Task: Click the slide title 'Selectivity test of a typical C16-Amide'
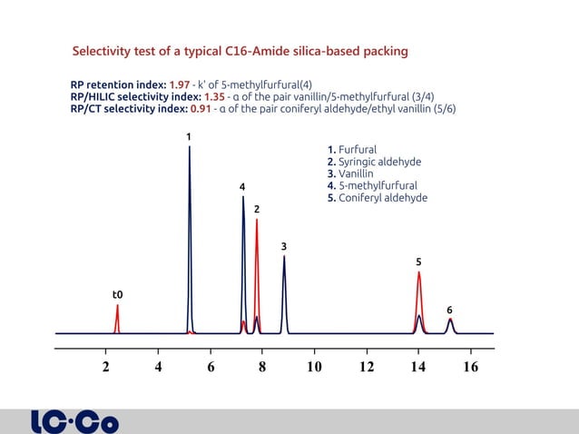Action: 240,51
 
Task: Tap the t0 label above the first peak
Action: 117,294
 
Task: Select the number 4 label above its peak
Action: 242,187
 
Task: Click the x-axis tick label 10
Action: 314,367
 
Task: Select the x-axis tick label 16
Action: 470,367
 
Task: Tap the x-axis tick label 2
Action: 106,367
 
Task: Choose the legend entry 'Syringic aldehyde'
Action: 373,162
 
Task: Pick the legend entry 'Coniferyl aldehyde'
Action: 376,198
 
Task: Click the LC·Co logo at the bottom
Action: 74,422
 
